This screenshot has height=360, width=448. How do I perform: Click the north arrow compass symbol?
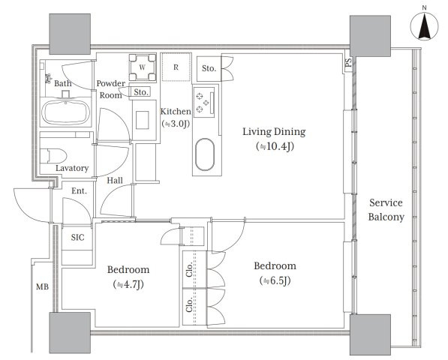pyautogui.click(x=424, y=26)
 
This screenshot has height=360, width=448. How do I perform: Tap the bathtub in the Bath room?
pyautogui.click(x=66, y=112)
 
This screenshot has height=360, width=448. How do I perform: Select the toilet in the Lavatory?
pyautogui.click(x=53, y=156)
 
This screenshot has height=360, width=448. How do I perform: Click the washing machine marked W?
pyautogui.click(x=143, y=67)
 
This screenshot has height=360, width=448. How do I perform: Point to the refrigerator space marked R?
pyautogui.click(x=176, y=67)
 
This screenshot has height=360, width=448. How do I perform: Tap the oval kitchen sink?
pyautogui.click(x=205, y=154)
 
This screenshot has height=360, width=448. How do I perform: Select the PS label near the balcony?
pyautogui.click(x=348, y=62)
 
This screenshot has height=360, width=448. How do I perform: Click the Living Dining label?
pyautogui.click(x=274, y=131)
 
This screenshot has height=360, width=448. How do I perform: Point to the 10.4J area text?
pyautogui.click(x=275, y=146)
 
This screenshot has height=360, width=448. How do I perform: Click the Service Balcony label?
pyautogui.click(x=386, y=209)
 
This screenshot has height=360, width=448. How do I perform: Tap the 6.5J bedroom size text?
pyautogui.click(x=275, y=281)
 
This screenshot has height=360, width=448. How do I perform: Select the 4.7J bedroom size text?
pyautogui.click(x=128, y=285)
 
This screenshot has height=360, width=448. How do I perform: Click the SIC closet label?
pyautogui.click(x=78, y=237)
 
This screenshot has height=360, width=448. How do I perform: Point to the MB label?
pyautogui.click(x=42, y=286)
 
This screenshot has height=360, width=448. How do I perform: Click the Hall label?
pyautogui.click(x=115, y=180)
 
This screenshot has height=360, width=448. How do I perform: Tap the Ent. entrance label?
pyautogui.click(x=79, y=190)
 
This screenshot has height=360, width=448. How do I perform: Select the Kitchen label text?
pyautogui.click(x=176, y=111)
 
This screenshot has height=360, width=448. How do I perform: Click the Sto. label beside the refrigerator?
pyautogui.click(x=209, y=68)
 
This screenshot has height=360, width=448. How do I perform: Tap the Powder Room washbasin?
pyautogui.click(x=143, y=120)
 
